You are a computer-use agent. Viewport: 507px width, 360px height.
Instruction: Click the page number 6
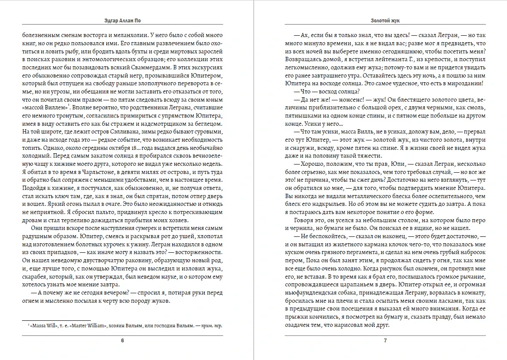pos(122,341)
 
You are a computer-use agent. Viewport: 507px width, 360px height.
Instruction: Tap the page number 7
pos(385,341)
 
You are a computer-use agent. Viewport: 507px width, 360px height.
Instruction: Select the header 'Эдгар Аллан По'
pos(122,20)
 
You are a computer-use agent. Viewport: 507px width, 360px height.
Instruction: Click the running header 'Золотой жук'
pos(385,20)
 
